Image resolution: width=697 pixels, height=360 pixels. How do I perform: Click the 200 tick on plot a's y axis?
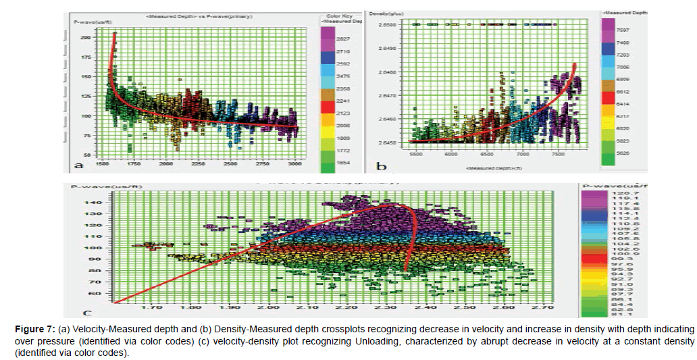84,38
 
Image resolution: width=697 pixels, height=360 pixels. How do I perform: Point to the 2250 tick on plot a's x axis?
198,163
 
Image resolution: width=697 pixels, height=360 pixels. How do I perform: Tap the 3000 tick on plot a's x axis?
294,163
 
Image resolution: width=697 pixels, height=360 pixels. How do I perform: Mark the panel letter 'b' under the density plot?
382,166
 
